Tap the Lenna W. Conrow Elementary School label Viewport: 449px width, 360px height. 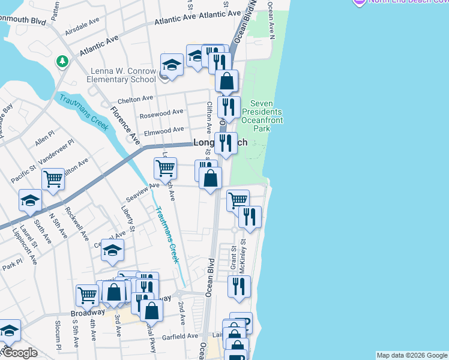121,75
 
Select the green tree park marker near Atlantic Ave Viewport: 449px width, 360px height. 62,62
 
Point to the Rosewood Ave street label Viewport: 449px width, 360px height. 161,112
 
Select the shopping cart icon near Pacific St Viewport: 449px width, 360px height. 53,178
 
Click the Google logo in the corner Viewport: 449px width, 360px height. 19,353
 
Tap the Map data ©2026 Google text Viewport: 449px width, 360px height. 412,355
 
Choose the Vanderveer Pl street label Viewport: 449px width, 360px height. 55,154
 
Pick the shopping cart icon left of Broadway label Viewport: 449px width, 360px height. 88,295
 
